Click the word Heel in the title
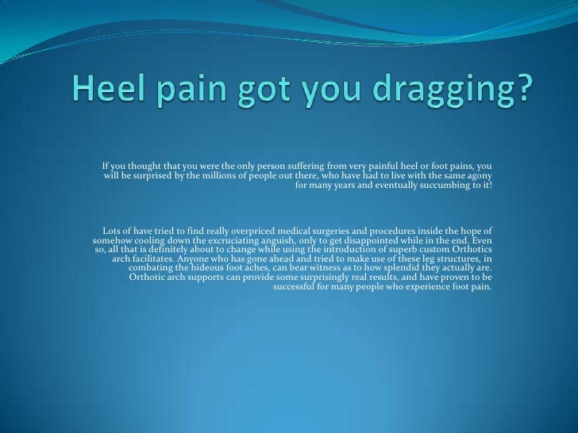click(102, 101)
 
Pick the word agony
click(479, 174)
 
